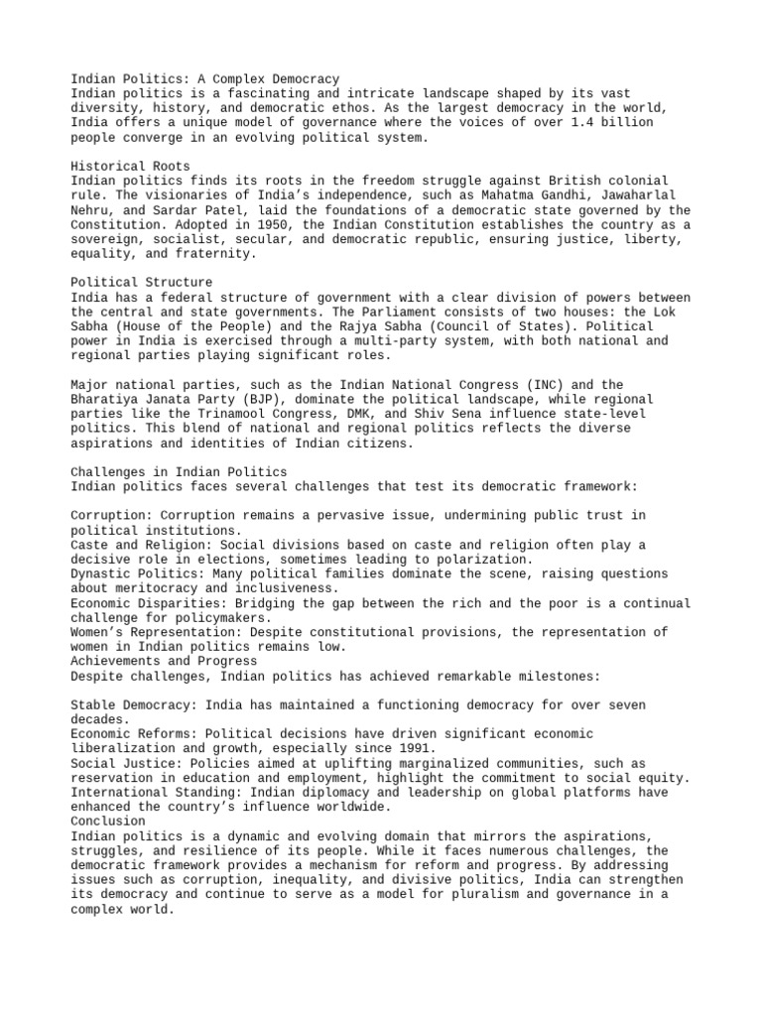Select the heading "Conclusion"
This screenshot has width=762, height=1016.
[x=108, y=822]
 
